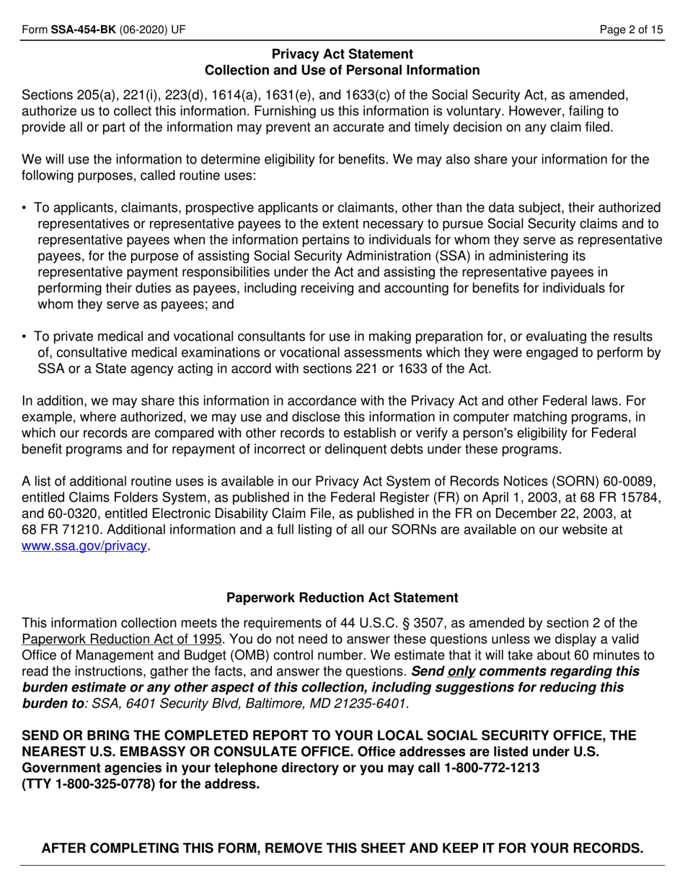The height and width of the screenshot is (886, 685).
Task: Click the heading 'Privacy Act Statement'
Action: (x=342, y=54)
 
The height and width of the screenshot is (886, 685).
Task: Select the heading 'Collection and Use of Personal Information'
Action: (x=342, y=70)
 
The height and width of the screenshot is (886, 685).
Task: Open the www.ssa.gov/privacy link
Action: (x=85, y=545)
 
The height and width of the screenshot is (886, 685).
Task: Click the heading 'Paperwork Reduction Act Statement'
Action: (x=342, y=598)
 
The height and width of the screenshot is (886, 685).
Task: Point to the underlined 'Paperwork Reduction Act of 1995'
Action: (x=123, y=639)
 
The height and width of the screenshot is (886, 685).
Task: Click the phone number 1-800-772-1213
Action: (x=492, y=768)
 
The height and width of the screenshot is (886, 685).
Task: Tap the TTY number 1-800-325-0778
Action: (x=104, y=784)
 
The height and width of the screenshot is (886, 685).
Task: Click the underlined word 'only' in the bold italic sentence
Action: (x=461, y=671)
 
